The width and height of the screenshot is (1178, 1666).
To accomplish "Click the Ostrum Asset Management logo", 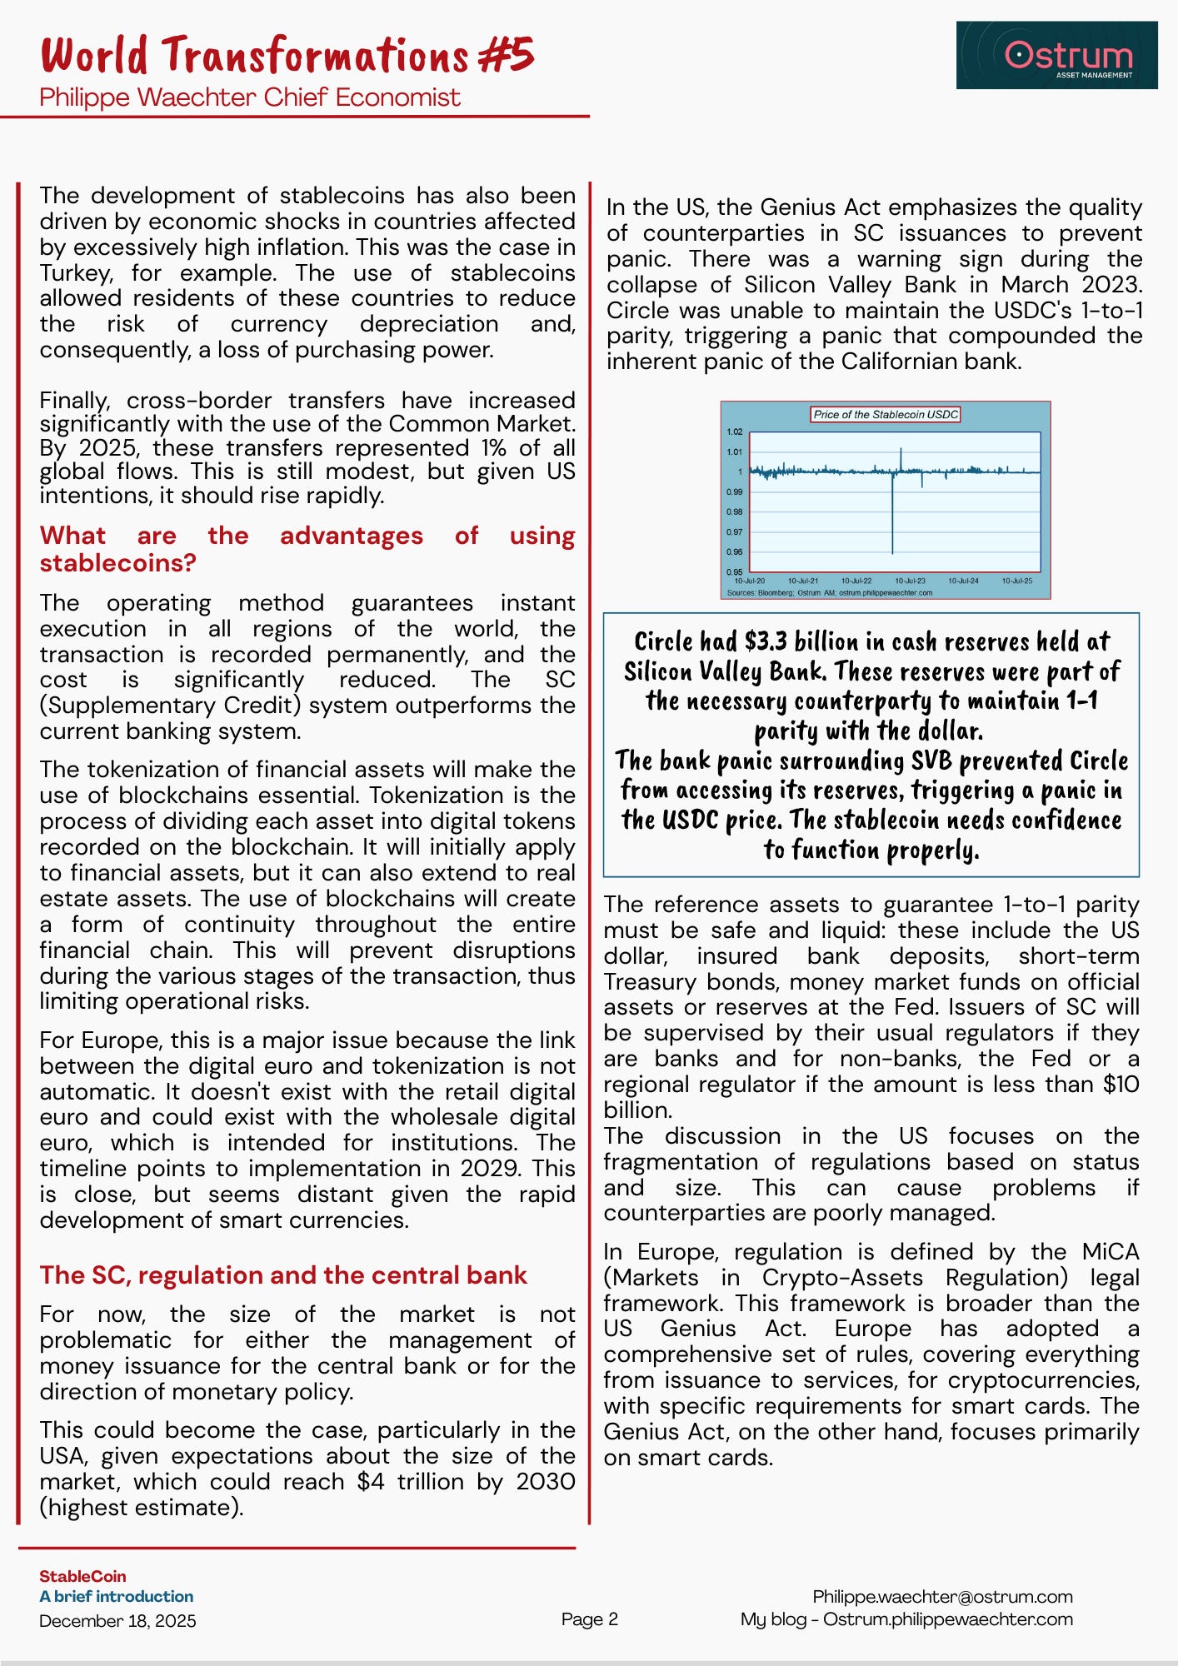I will point(1056,55).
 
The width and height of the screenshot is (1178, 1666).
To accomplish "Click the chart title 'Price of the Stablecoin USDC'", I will point(886,414).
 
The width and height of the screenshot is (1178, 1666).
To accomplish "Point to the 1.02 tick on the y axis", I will point(734,432).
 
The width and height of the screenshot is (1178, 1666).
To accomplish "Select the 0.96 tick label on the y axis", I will point(734,552).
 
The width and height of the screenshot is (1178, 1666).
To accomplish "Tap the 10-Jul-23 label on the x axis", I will point(910,581).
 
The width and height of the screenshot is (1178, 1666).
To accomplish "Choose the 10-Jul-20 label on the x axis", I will point(749,581).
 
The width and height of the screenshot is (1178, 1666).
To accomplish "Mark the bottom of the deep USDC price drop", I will point(892,552).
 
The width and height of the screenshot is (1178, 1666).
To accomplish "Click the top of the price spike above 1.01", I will point(901,450).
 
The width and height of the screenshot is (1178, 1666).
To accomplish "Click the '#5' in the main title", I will point(506,55).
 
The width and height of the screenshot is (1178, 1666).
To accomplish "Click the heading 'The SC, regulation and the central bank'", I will point(283,1275).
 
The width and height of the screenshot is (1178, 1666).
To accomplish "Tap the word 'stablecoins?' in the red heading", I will point(117,563).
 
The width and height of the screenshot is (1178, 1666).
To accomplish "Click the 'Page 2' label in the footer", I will point(590,1619).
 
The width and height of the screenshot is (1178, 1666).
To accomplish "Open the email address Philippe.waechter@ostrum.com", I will point(942,1596).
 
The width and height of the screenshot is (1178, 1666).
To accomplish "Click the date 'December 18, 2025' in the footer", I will point(117,1621).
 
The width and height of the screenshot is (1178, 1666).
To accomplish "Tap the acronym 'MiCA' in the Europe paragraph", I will point(1110,1252).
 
